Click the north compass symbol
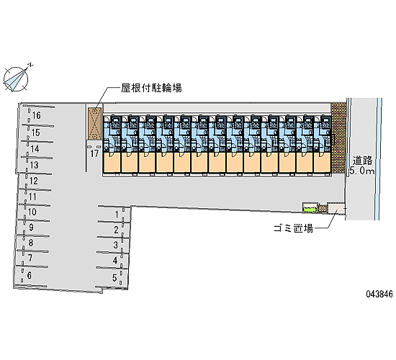click(x=16, y=78)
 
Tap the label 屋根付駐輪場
click(x=151, y=88)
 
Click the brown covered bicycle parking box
click(x=95, y=124)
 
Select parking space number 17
click(x=94, y=153)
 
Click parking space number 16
click(x=37, y=115)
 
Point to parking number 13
click(x=34, y=165)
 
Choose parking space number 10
click(x=32, y=212)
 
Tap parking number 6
click(x=30, y=275)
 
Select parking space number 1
click(x=117, y=215)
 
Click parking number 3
click(x=116, y=245)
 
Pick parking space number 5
click(x=114, y=278)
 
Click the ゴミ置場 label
click(x=294, y=229)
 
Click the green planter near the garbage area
click(x=310, y=208)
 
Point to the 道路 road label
click(x=363, y=161)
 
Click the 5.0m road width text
click(x=362, y=171)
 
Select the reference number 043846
click(x=379, y=294)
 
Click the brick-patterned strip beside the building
click(x=338, y=138)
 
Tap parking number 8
click(x=31, y=243)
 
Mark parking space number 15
click(x=35, y=132)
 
